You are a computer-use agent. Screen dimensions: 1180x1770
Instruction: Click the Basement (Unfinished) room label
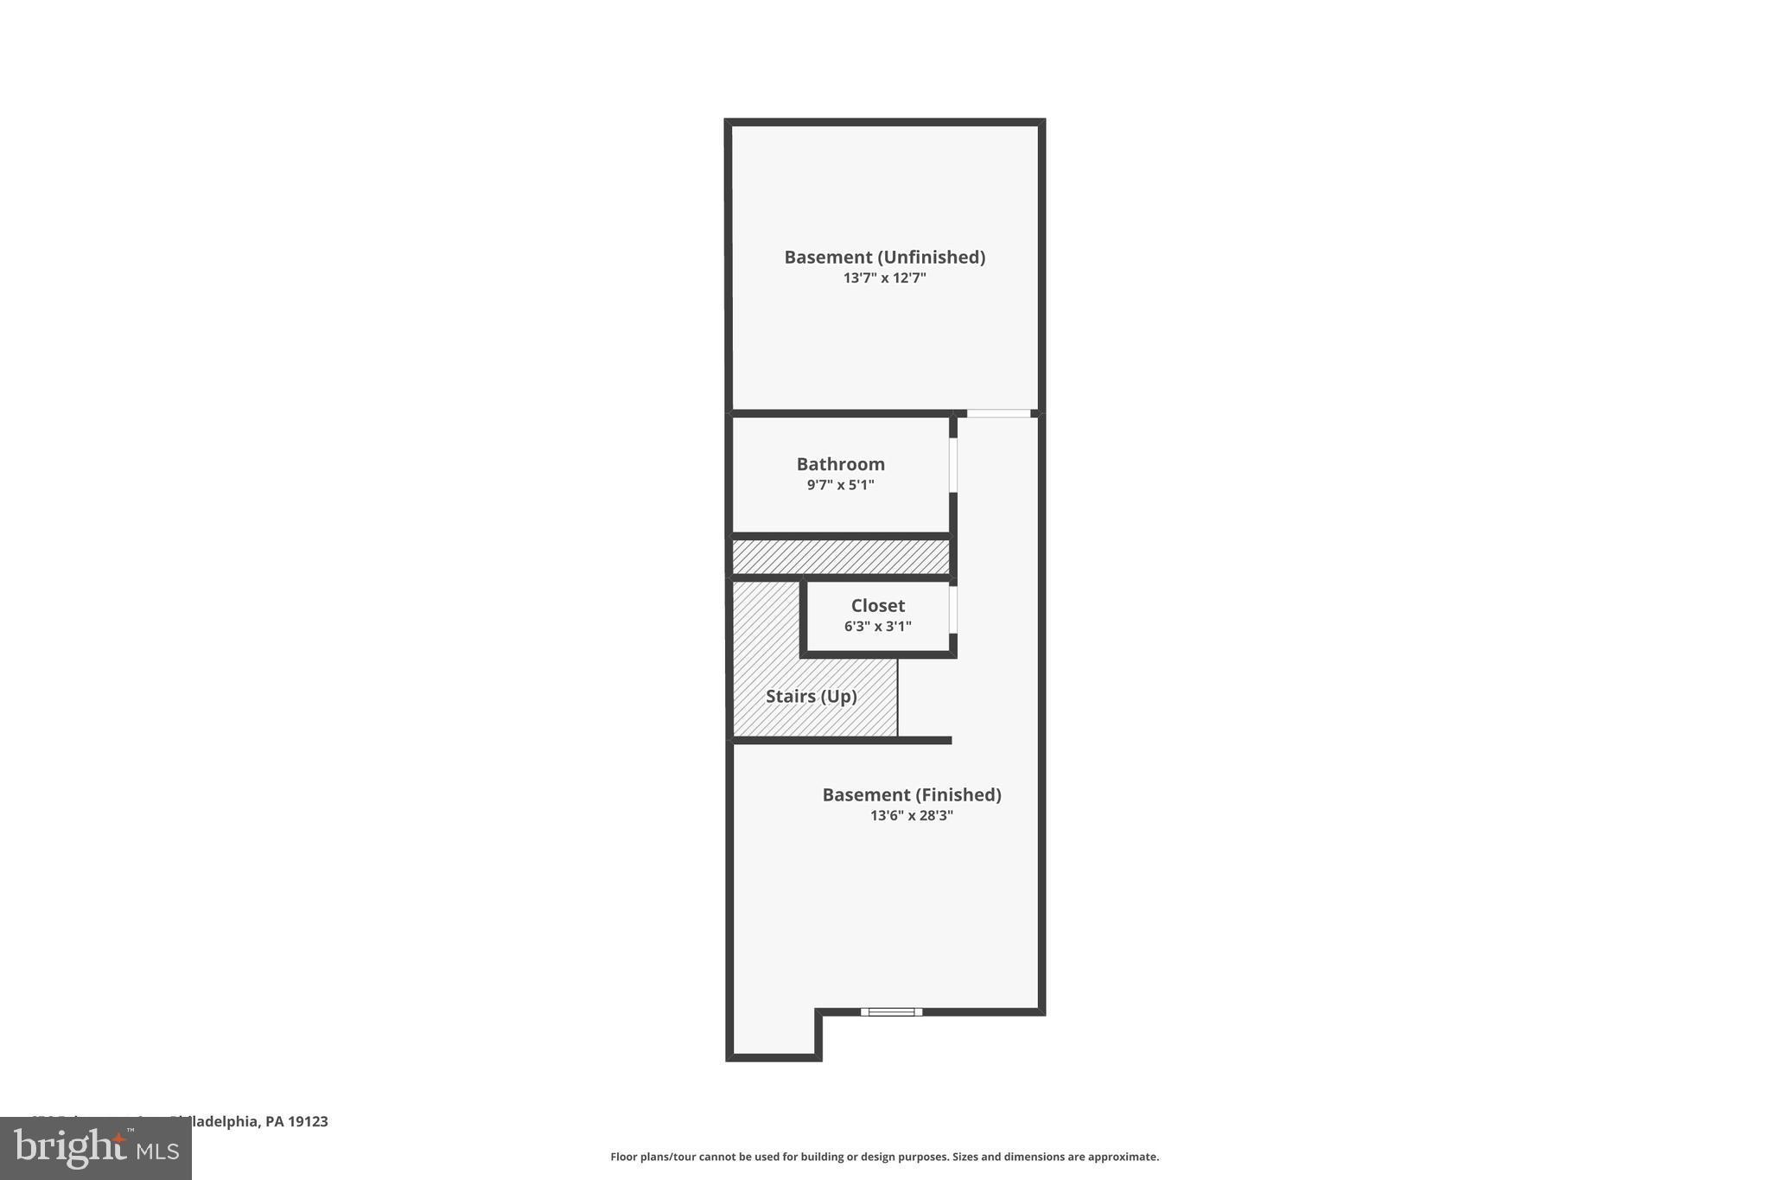coord(884,257)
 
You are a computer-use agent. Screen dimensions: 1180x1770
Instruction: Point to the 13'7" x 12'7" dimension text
coord(884,278)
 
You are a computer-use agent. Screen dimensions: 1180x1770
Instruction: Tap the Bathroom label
coord(840,464)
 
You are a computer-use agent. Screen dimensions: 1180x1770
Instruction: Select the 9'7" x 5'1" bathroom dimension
coord(840,485)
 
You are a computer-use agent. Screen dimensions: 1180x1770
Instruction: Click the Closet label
coord(877,606)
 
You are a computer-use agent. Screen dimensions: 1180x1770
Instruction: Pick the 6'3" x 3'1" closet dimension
coord(877,627)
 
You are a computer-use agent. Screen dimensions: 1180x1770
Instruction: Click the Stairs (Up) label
coord(811,697)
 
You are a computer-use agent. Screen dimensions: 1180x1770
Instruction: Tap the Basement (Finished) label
coord(911,794)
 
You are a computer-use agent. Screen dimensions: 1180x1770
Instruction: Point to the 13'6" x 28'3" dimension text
coord(911,815)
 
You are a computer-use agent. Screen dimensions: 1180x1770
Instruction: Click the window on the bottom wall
coord(891,1011)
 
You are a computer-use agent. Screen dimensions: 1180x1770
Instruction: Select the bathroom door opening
coord(953,465)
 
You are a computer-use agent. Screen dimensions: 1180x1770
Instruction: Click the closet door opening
coord(953,609)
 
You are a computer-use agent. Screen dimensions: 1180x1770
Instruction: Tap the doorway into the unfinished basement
coord(998,413)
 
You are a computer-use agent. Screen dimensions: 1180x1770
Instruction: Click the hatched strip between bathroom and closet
coord(840,557)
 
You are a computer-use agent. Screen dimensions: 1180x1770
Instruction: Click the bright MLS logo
coord(96,1148)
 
